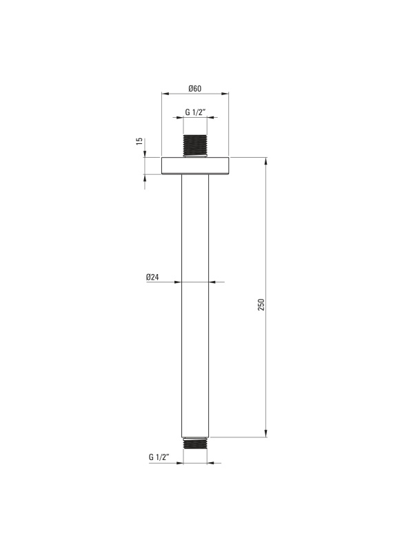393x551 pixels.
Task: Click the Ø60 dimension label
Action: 195,89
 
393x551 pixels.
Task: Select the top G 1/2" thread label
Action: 195,112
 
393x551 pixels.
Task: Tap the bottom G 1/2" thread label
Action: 159,457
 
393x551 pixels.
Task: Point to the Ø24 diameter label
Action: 152,277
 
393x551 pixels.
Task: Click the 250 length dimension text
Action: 261,304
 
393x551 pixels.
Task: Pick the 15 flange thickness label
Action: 140,141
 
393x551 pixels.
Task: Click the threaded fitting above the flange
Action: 195,145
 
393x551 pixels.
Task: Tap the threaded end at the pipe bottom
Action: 195,443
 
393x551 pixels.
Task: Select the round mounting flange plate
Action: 195,165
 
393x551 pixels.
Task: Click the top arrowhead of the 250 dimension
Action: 266,161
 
